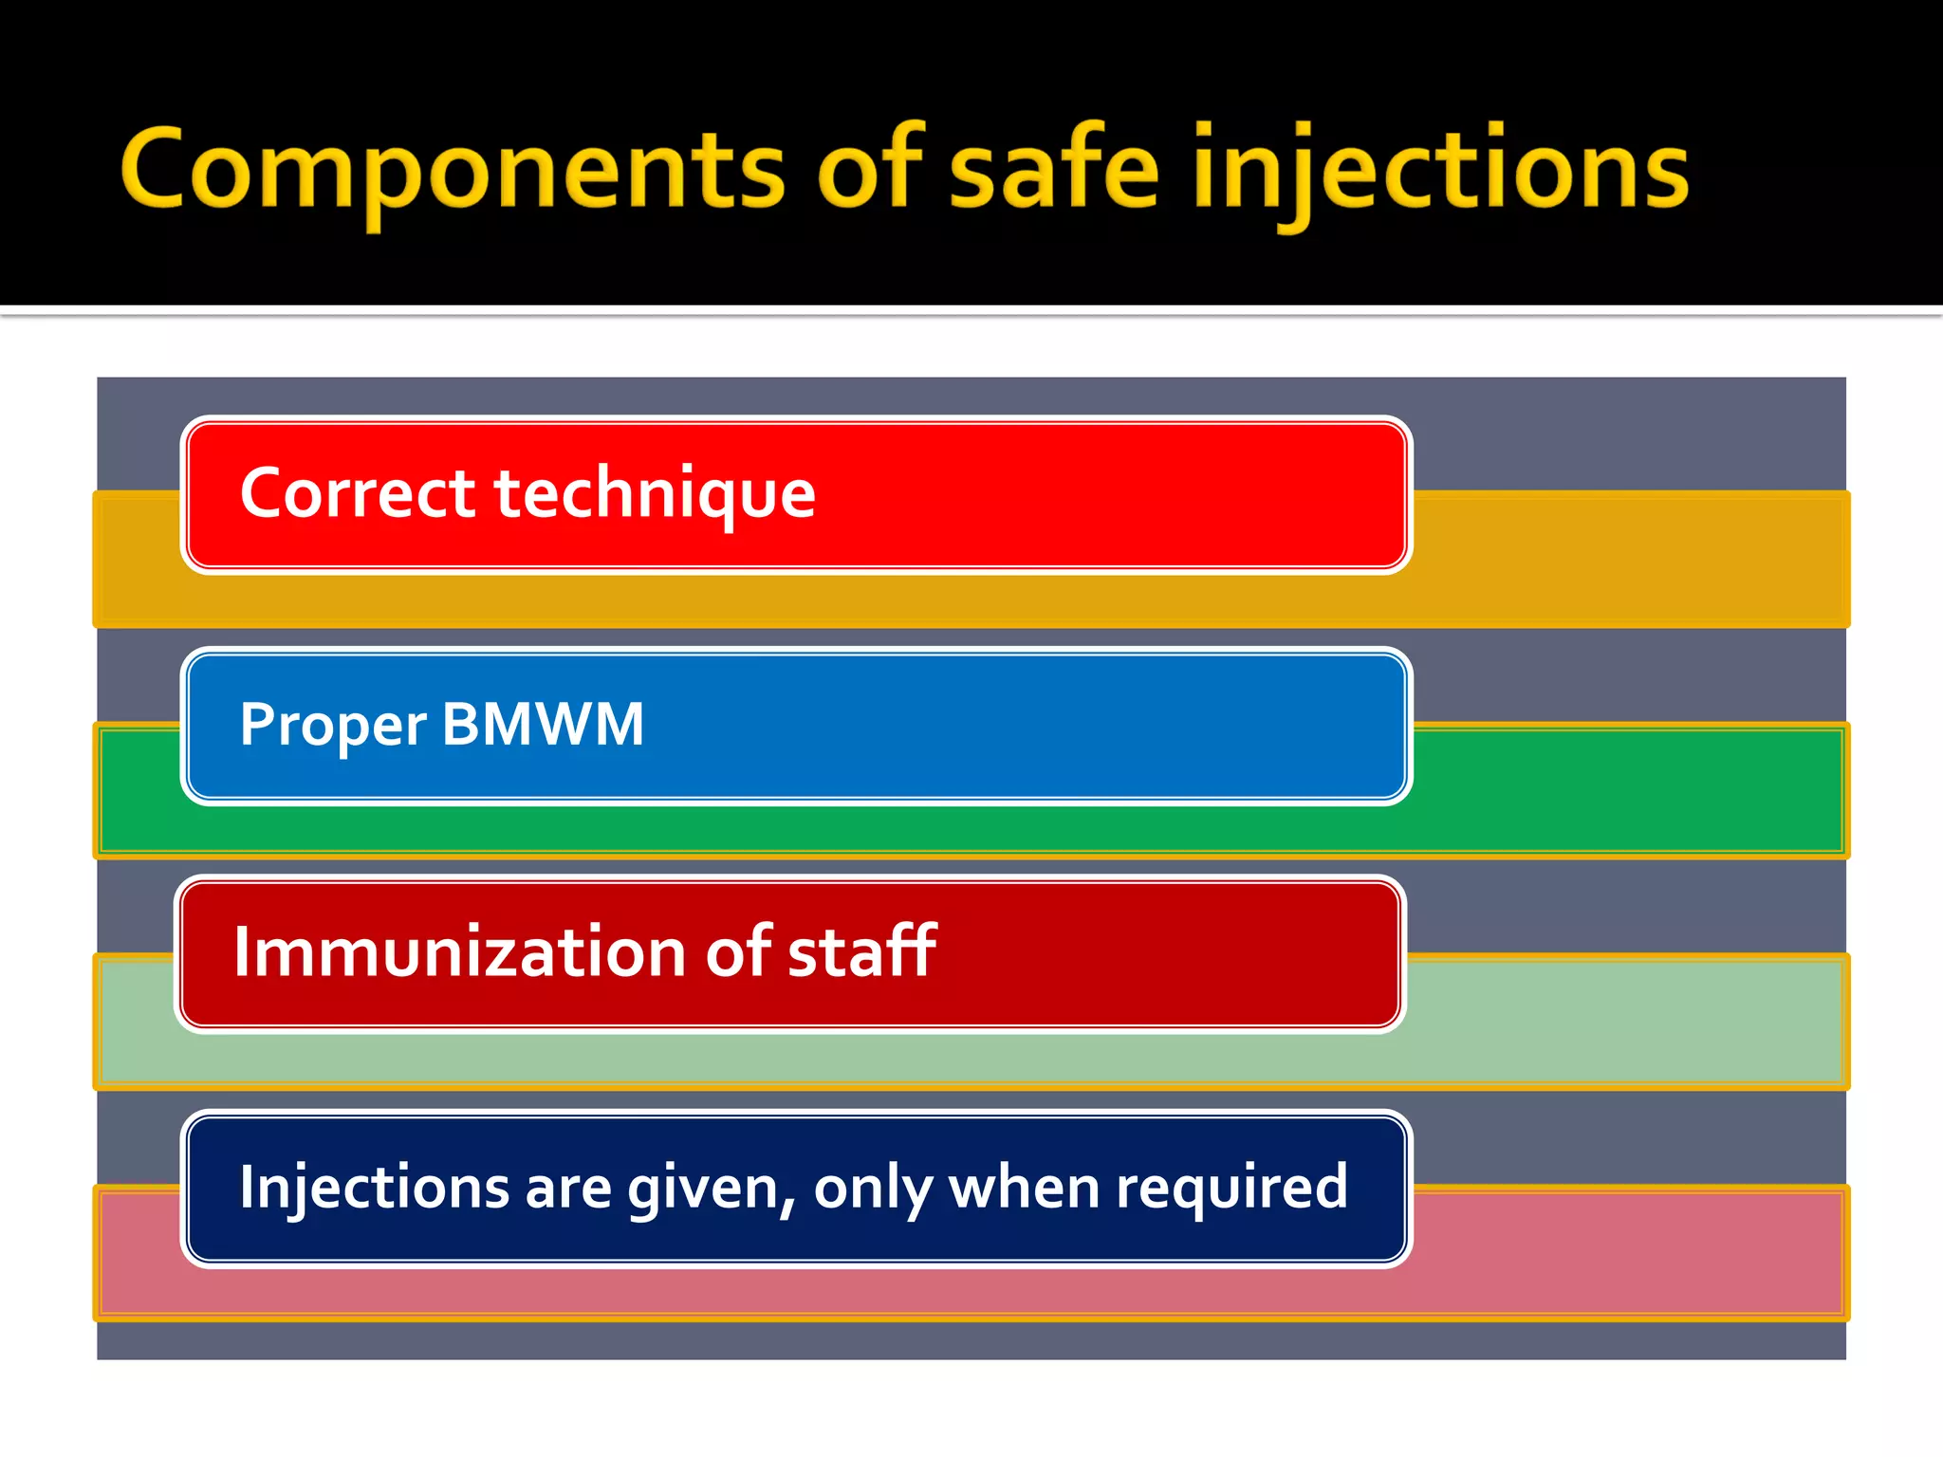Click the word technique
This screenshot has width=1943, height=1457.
point(655,494)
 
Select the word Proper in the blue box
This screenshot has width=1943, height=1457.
point(333,726)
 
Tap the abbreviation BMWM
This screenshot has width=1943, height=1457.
point(543,726)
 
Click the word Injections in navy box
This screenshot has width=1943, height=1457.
point(374,1188)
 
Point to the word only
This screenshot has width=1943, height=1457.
point(872,1190)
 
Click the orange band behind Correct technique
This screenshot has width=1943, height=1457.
point(1613,560)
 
